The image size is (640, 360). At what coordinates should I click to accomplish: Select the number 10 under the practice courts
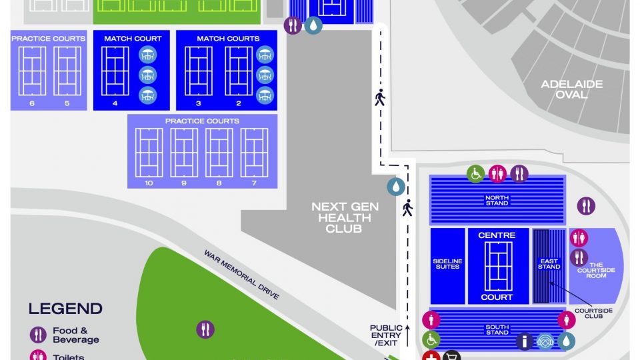(149, 183)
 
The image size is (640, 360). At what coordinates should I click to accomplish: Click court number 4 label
(115, 103)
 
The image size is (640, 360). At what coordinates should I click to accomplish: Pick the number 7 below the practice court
(254, 183)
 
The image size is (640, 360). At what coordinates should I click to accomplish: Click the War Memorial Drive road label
(241, 275)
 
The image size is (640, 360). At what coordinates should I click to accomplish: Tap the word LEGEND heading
(65, 309)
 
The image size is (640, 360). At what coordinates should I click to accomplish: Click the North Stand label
(497, 199)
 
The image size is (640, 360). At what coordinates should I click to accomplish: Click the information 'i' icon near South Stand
(525, 341)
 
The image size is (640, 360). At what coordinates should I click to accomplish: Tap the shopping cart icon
(451, 357)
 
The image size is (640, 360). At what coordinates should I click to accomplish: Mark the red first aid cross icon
(430, 357)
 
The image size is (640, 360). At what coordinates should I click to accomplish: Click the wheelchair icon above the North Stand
(475, 174)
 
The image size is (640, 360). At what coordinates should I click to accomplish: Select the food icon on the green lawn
(206, 329)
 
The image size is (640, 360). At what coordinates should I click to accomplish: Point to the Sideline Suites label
(447, 264)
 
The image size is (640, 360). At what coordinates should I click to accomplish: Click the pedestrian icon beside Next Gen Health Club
(407, 209)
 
